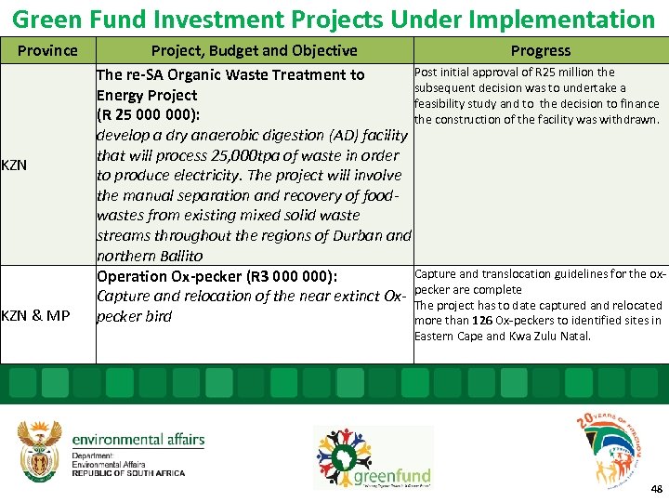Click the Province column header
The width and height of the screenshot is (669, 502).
click(47, 50)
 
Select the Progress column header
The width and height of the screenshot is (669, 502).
click(540, 50)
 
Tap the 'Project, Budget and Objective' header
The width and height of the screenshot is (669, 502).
click(254, 50)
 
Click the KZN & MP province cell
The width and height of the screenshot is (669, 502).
click(35, 316)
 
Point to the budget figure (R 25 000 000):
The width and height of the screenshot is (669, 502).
click(146, 115)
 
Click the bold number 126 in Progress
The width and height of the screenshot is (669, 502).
click(481, 321)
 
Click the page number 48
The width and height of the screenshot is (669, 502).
click(656, 489)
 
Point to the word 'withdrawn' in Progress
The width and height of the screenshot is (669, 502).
click(630, 119)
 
